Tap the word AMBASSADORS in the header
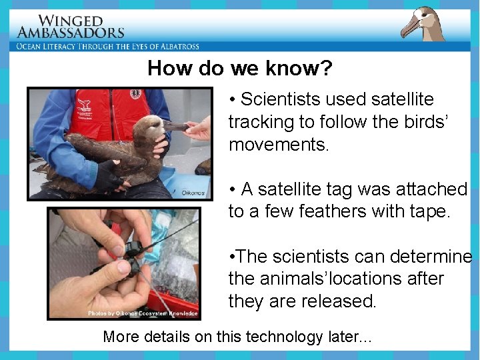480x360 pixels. coord(71,33)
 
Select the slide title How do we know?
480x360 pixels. coord(240,68)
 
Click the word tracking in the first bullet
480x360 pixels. coord(261,122)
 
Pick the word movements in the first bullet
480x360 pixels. coord(279,145)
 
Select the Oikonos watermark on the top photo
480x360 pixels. coord(193,193)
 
